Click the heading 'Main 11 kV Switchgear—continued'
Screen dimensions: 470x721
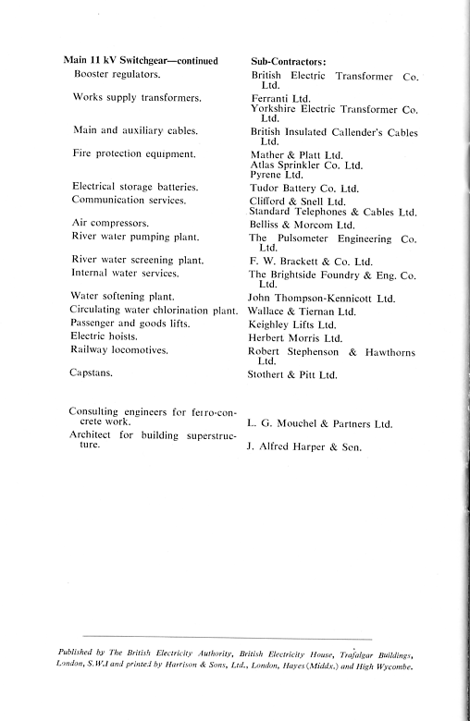click(x=139, y=60)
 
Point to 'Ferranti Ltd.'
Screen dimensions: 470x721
click(x=281, y=97)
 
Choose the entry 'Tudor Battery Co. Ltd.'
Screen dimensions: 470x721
click(x=304, y=186)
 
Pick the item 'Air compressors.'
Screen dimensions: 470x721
click(x=110, y=223)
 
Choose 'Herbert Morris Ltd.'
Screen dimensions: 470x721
click(x=298, y=339)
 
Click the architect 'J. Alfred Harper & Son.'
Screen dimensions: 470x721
click(x=304, y=447)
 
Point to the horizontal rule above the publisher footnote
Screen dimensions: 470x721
click(x=227, y=638)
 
